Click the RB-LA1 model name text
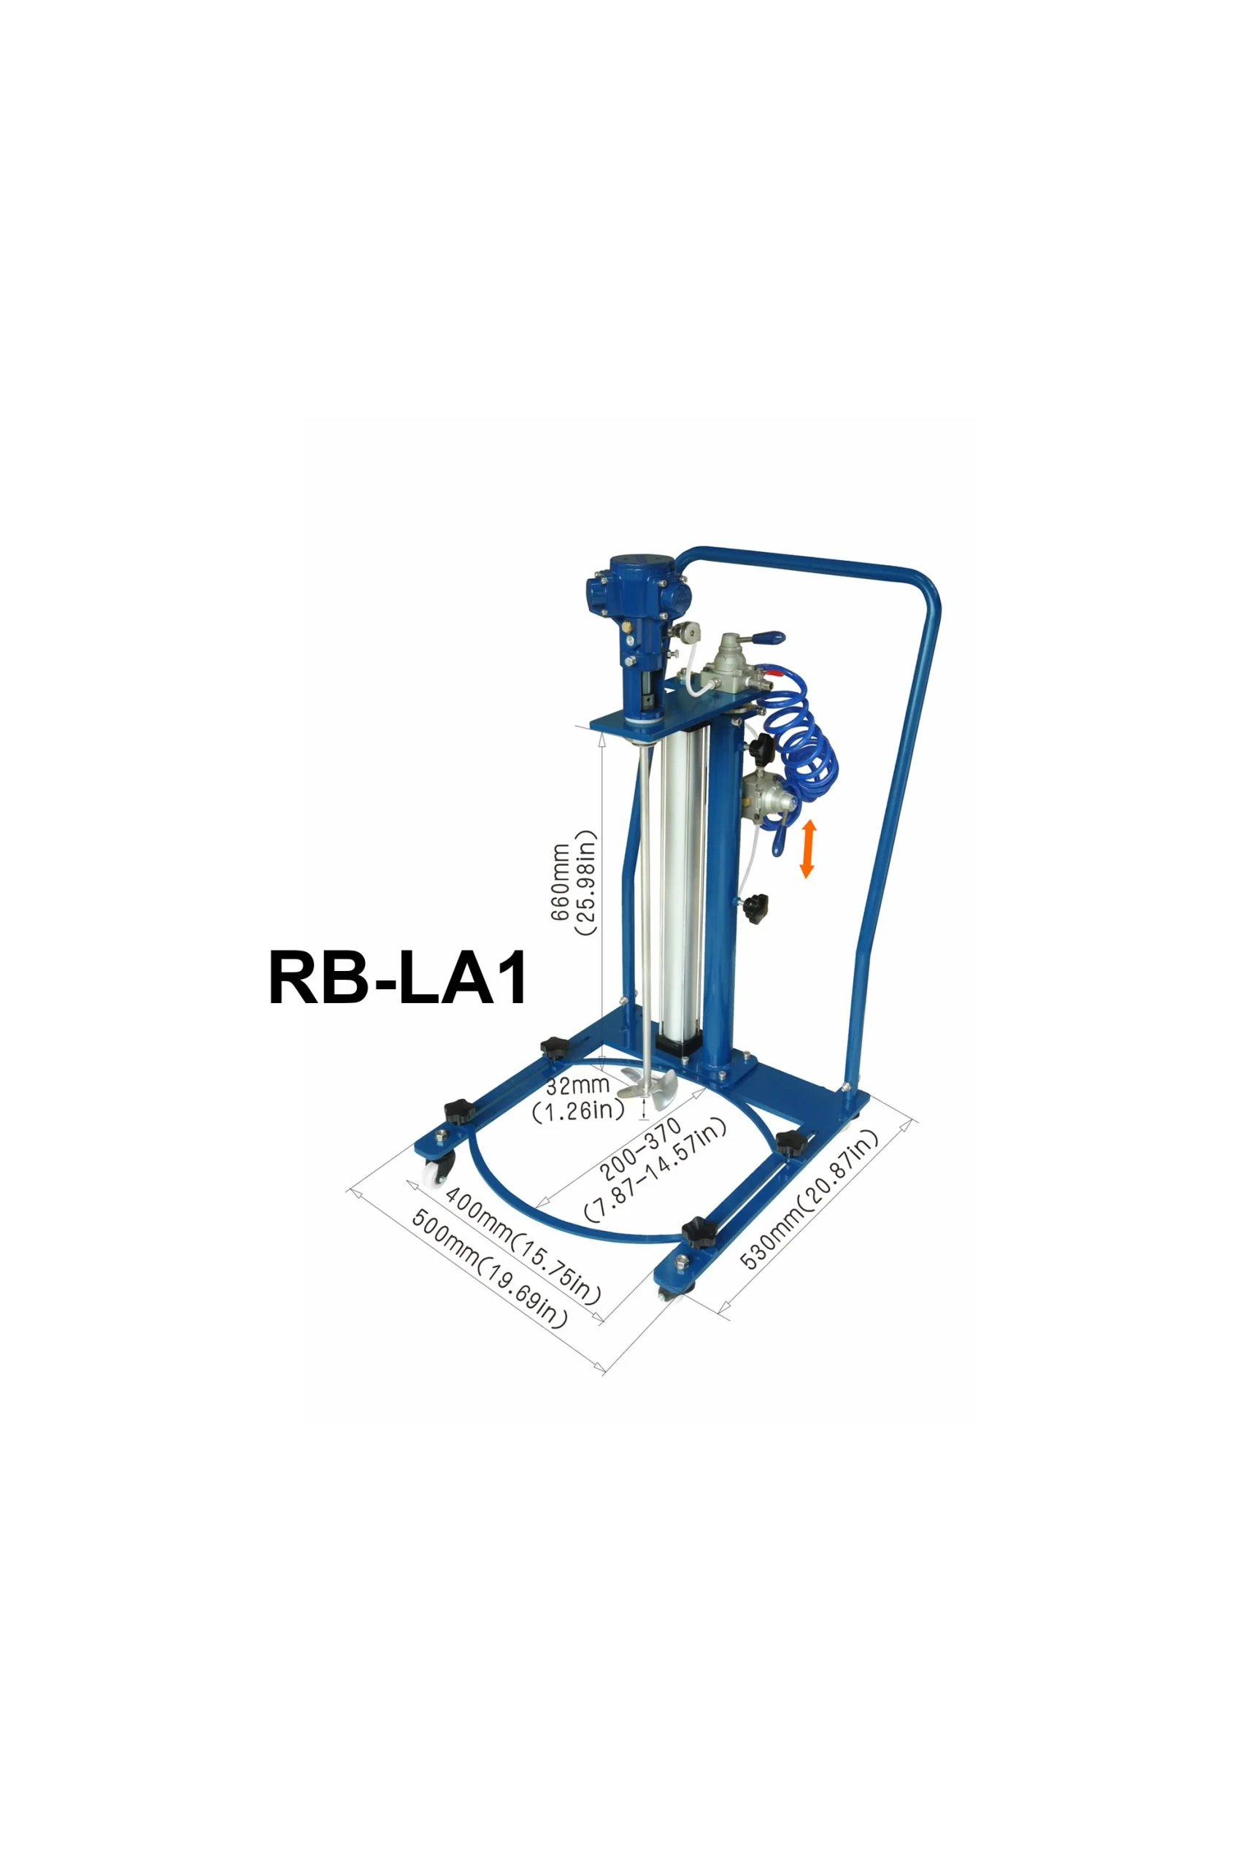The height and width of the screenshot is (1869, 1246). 398,978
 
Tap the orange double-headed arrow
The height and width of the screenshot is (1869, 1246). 807,850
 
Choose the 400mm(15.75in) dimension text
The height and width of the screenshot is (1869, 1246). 523,1244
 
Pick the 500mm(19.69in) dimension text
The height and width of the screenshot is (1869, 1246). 490,1268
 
